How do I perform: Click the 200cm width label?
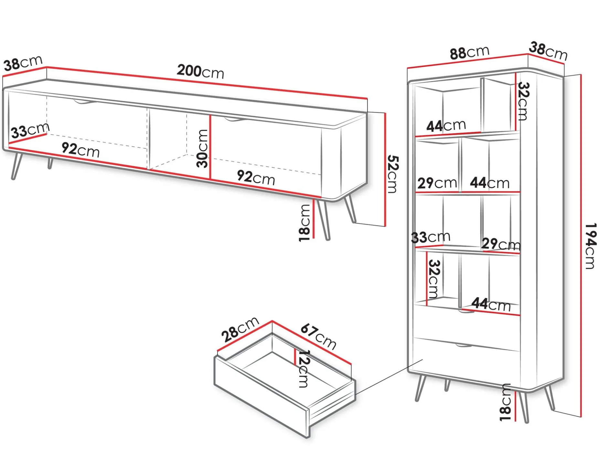pos(200,71)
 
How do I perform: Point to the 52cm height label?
pos(393,174)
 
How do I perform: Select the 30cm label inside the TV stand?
pos(203,148)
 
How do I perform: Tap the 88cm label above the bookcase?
pos(469,53)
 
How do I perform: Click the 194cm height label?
pos(590,246)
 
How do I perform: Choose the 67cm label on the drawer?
pos(319,337)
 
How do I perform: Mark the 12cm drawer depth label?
pos(303,369)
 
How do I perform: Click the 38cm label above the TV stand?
pos(23,63)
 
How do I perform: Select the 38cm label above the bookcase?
pos(548,51)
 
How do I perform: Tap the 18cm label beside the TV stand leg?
pos(304,223)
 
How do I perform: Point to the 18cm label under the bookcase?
pos(505,403)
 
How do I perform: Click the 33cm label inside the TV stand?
pos(30,131)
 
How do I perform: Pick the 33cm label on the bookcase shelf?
pos(431,237)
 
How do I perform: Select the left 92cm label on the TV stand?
pos(80,150)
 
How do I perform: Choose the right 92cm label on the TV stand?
pos(256,177)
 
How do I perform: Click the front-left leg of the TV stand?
pos(16,166)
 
